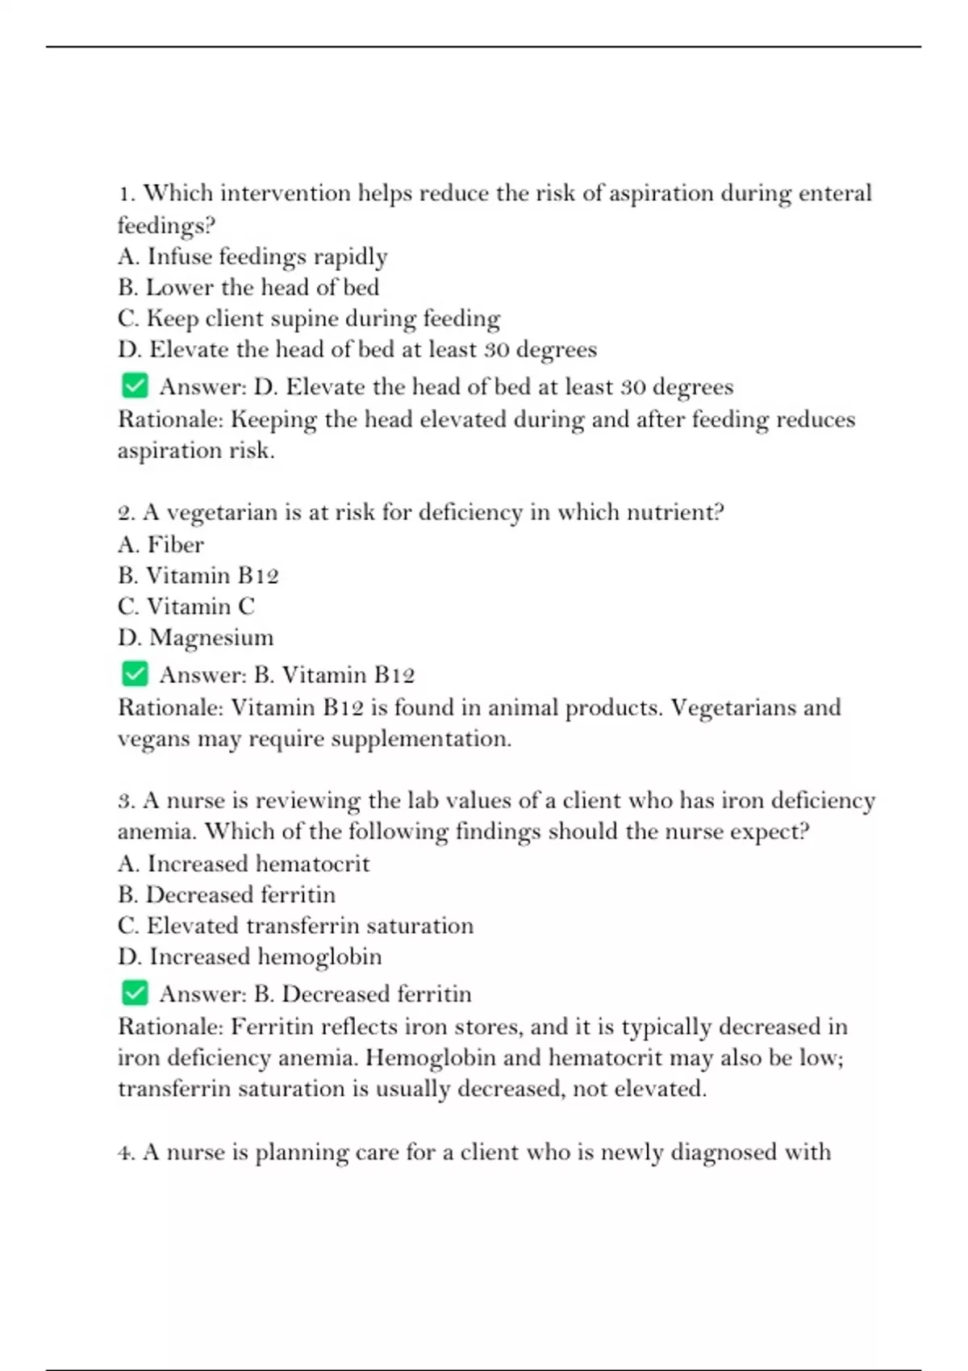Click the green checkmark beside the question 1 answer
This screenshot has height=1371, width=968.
(135, 385)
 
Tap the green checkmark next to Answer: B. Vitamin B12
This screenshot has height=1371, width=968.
(135, 673)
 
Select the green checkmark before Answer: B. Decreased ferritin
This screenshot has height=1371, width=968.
(135, 993)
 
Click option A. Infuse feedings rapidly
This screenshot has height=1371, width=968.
(252, 256)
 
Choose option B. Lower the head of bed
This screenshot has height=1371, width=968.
(248, 287)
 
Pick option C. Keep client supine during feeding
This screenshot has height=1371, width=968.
(309, 319)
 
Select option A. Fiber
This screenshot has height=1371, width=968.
(161, 544)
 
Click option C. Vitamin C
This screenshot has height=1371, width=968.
(186, 606)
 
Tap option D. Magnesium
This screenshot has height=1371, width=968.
(195, 637)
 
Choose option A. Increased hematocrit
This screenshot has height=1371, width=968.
(243, 864)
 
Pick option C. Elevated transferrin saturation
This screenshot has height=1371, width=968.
(295, 926)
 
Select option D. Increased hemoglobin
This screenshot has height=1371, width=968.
(249, 956)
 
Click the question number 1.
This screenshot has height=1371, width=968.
(126, 194)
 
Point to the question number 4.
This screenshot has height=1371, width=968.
(126, 1152)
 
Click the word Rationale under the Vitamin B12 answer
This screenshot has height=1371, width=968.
(170, 707)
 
